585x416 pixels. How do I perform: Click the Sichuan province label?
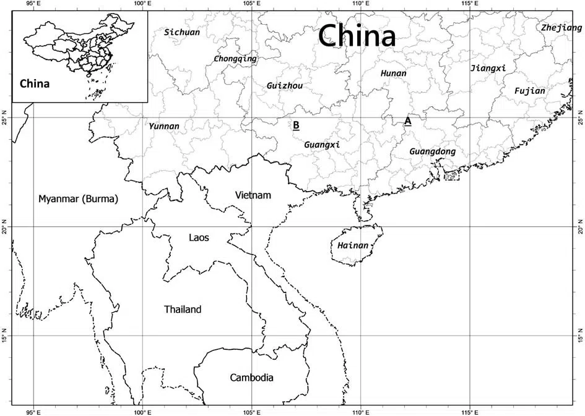182,32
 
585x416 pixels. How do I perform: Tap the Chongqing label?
235,59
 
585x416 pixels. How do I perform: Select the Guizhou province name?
284,86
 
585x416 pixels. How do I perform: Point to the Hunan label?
393,74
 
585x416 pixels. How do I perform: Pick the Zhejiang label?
561,28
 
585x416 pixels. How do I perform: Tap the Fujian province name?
530,91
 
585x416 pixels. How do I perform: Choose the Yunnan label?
164,127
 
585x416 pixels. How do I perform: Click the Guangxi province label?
322,145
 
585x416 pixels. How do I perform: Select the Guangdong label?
433,151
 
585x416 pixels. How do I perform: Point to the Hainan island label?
353,246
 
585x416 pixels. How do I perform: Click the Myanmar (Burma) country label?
78,199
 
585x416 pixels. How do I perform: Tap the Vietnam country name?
253,195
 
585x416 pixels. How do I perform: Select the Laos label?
199,237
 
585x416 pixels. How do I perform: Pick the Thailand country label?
183,310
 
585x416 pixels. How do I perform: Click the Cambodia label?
251,378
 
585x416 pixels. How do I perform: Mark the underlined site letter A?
407,121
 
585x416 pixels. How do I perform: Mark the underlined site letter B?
296,125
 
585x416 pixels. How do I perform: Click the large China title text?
357,36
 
